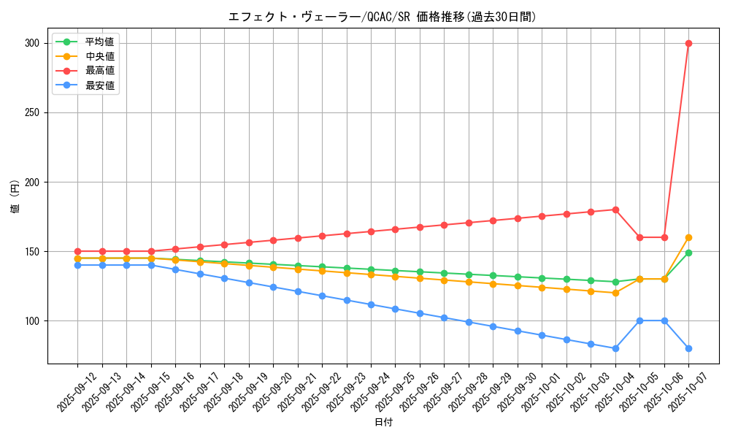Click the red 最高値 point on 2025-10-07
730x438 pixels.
point(688,43)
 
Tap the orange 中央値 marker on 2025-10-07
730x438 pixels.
point(688,237)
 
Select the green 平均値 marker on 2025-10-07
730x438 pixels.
point(688,253)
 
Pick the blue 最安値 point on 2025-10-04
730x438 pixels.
point(615,348)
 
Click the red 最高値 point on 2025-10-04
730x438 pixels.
point(615,210)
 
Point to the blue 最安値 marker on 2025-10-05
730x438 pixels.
point(639,320)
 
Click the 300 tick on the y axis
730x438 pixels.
point(31,43)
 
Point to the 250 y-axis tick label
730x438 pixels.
point(31,112)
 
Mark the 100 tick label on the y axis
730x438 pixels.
point(31,320)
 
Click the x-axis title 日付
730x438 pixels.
point(383,423)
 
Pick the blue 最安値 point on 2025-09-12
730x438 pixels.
point(77,265)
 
